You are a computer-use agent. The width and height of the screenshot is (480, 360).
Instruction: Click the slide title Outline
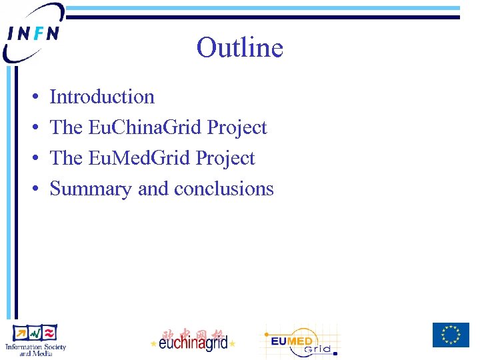tap(239, 48)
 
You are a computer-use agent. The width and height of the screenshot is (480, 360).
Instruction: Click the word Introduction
tap(102, 97)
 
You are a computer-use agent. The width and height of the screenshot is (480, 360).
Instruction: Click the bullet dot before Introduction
tap(33, 97)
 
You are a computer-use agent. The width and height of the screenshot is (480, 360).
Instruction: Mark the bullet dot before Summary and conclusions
tap(33, 189)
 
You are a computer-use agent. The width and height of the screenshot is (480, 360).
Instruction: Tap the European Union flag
tap(451, 335)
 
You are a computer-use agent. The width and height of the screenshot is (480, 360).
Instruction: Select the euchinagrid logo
tap(193, 343)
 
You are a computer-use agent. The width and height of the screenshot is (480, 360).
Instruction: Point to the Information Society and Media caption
tap(35, 349)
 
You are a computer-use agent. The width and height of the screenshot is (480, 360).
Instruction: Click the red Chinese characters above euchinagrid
tap(193, 332)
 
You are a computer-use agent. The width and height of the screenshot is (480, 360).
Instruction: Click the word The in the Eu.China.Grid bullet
tap(66, 127)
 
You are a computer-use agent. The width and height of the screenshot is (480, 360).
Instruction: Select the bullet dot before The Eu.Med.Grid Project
tap(33, 159)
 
